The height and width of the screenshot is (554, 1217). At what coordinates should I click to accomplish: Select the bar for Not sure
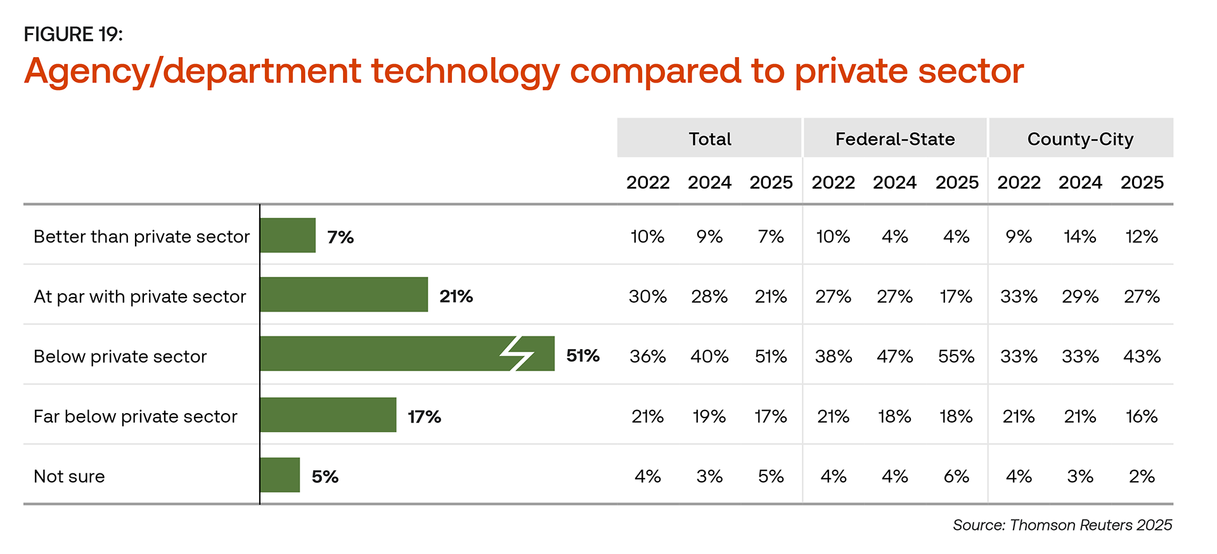pos(280,475)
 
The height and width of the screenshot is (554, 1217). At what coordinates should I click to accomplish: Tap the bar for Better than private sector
pos(288,235)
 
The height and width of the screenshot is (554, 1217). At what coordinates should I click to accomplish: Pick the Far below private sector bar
pos(328,415)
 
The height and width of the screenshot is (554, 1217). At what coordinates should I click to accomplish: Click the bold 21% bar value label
pos(456,296)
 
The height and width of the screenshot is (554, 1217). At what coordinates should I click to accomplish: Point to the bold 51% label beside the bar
pos(583,355)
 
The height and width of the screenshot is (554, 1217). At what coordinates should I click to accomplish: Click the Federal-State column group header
pos(895,138)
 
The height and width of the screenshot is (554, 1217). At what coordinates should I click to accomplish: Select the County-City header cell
pos(1080,138)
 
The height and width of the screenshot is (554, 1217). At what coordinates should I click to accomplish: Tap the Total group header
pos(710,138)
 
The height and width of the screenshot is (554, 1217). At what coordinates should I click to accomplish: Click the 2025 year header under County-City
pos(1142,183)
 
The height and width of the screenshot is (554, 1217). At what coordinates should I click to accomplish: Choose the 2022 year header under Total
pos(648,183)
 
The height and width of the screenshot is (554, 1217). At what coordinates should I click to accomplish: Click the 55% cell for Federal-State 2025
pos(956,357)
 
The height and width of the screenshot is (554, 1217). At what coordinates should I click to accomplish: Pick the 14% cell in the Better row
pos(1079,237)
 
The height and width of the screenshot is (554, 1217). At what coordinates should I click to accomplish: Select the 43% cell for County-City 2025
pos(1142,357)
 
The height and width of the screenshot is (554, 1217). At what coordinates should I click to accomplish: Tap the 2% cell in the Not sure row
pos(1142,477)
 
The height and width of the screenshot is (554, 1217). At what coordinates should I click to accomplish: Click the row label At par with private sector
pos(139,296)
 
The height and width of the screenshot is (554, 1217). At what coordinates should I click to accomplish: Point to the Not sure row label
pos(69,477)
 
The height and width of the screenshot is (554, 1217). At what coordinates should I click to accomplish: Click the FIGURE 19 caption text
pos(73,34)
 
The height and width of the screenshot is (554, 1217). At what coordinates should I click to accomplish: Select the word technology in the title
pos(465,71)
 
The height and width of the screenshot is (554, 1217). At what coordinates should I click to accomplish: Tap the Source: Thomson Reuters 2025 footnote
pos(1062,525)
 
